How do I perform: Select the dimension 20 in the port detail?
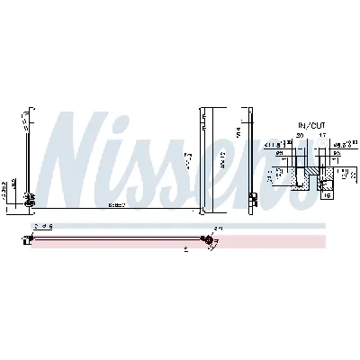click(299, 135)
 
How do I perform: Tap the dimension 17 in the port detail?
click(322, 135)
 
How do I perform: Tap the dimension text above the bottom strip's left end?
click(44, 227)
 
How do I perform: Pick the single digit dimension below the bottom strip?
click(185, 248)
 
